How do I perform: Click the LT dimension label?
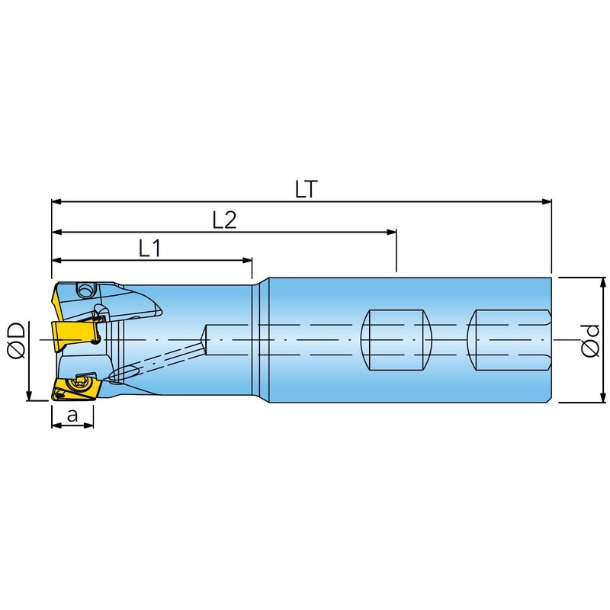(x=307, y=189)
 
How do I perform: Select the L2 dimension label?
(x=224, y=220)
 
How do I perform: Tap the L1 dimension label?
(x=149, y=248)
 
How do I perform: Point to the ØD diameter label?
(x=16, y=340)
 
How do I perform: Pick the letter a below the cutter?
(x=72, y=416)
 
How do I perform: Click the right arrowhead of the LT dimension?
(x=547, y=201)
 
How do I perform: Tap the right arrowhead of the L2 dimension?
(x=391, y=232)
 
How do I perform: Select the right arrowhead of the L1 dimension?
(x=247, y=260)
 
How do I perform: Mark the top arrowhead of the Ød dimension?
(x=603, y=283)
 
